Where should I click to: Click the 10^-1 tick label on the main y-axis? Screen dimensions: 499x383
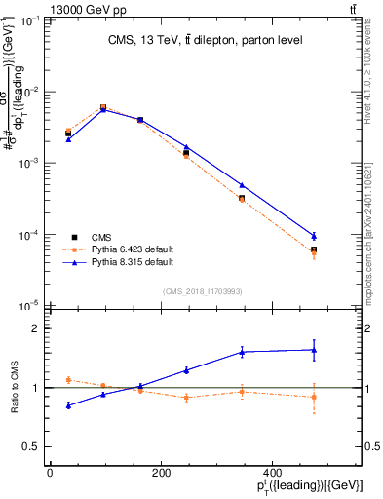point(28,19)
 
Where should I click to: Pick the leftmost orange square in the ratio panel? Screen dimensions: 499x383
point(68,380)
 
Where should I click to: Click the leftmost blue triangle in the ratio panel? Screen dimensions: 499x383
point(68,405)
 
